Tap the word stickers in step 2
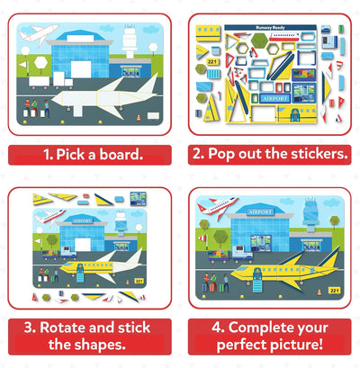[319, 154]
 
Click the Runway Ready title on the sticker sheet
[270, 28]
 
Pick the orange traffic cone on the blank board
[139, 118]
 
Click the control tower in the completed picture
[310, 213]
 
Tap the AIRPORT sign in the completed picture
[261, 212]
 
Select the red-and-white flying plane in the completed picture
[217, 206]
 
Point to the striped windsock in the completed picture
[202, 238]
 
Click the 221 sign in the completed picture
[334, 291]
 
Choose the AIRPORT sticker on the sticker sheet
[275, 98]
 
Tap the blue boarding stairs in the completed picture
[257, 281]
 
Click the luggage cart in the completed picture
[219, 256]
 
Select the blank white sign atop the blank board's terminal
[80, 39]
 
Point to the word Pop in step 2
[221, 154]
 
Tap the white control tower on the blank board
[130, 42]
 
